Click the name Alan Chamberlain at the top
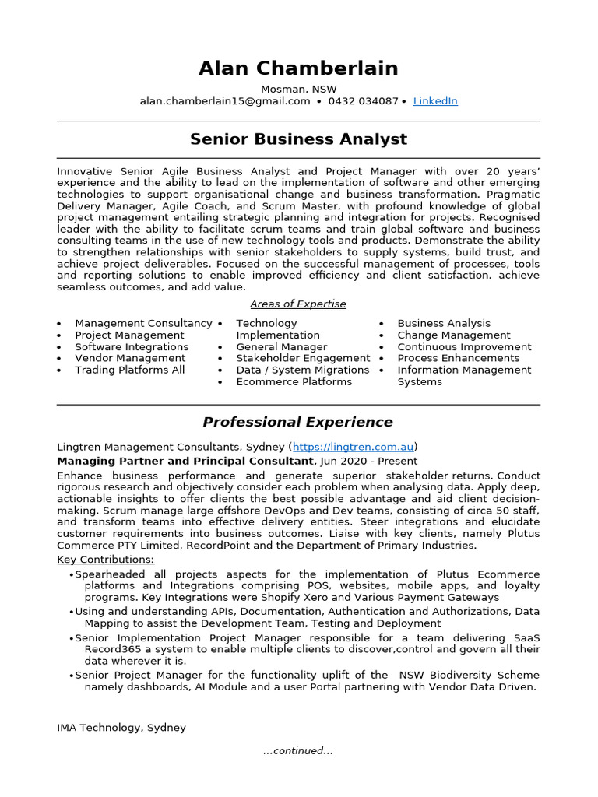[298, 68]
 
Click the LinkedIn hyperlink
[435, 101]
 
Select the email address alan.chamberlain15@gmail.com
[225, 101]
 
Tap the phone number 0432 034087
[363, 101]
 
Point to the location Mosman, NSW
[298, 90]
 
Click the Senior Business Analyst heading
[298, 139]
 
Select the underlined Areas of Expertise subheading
[298, 304]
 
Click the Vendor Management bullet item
[130, 359]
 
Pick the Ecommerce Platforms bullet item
[294, 382]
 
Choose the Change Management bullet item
[454, 335]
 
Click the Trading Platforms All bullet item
[130, 370]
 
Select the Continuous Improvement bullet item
[464, 347]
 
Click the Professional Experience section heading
[298, 423]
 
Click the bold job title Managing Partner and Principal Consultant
[185, 461]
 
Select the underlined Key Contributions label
[106, 560]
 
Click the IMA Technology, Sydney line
[121, 728]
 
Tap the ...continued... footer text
[298, 751]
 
